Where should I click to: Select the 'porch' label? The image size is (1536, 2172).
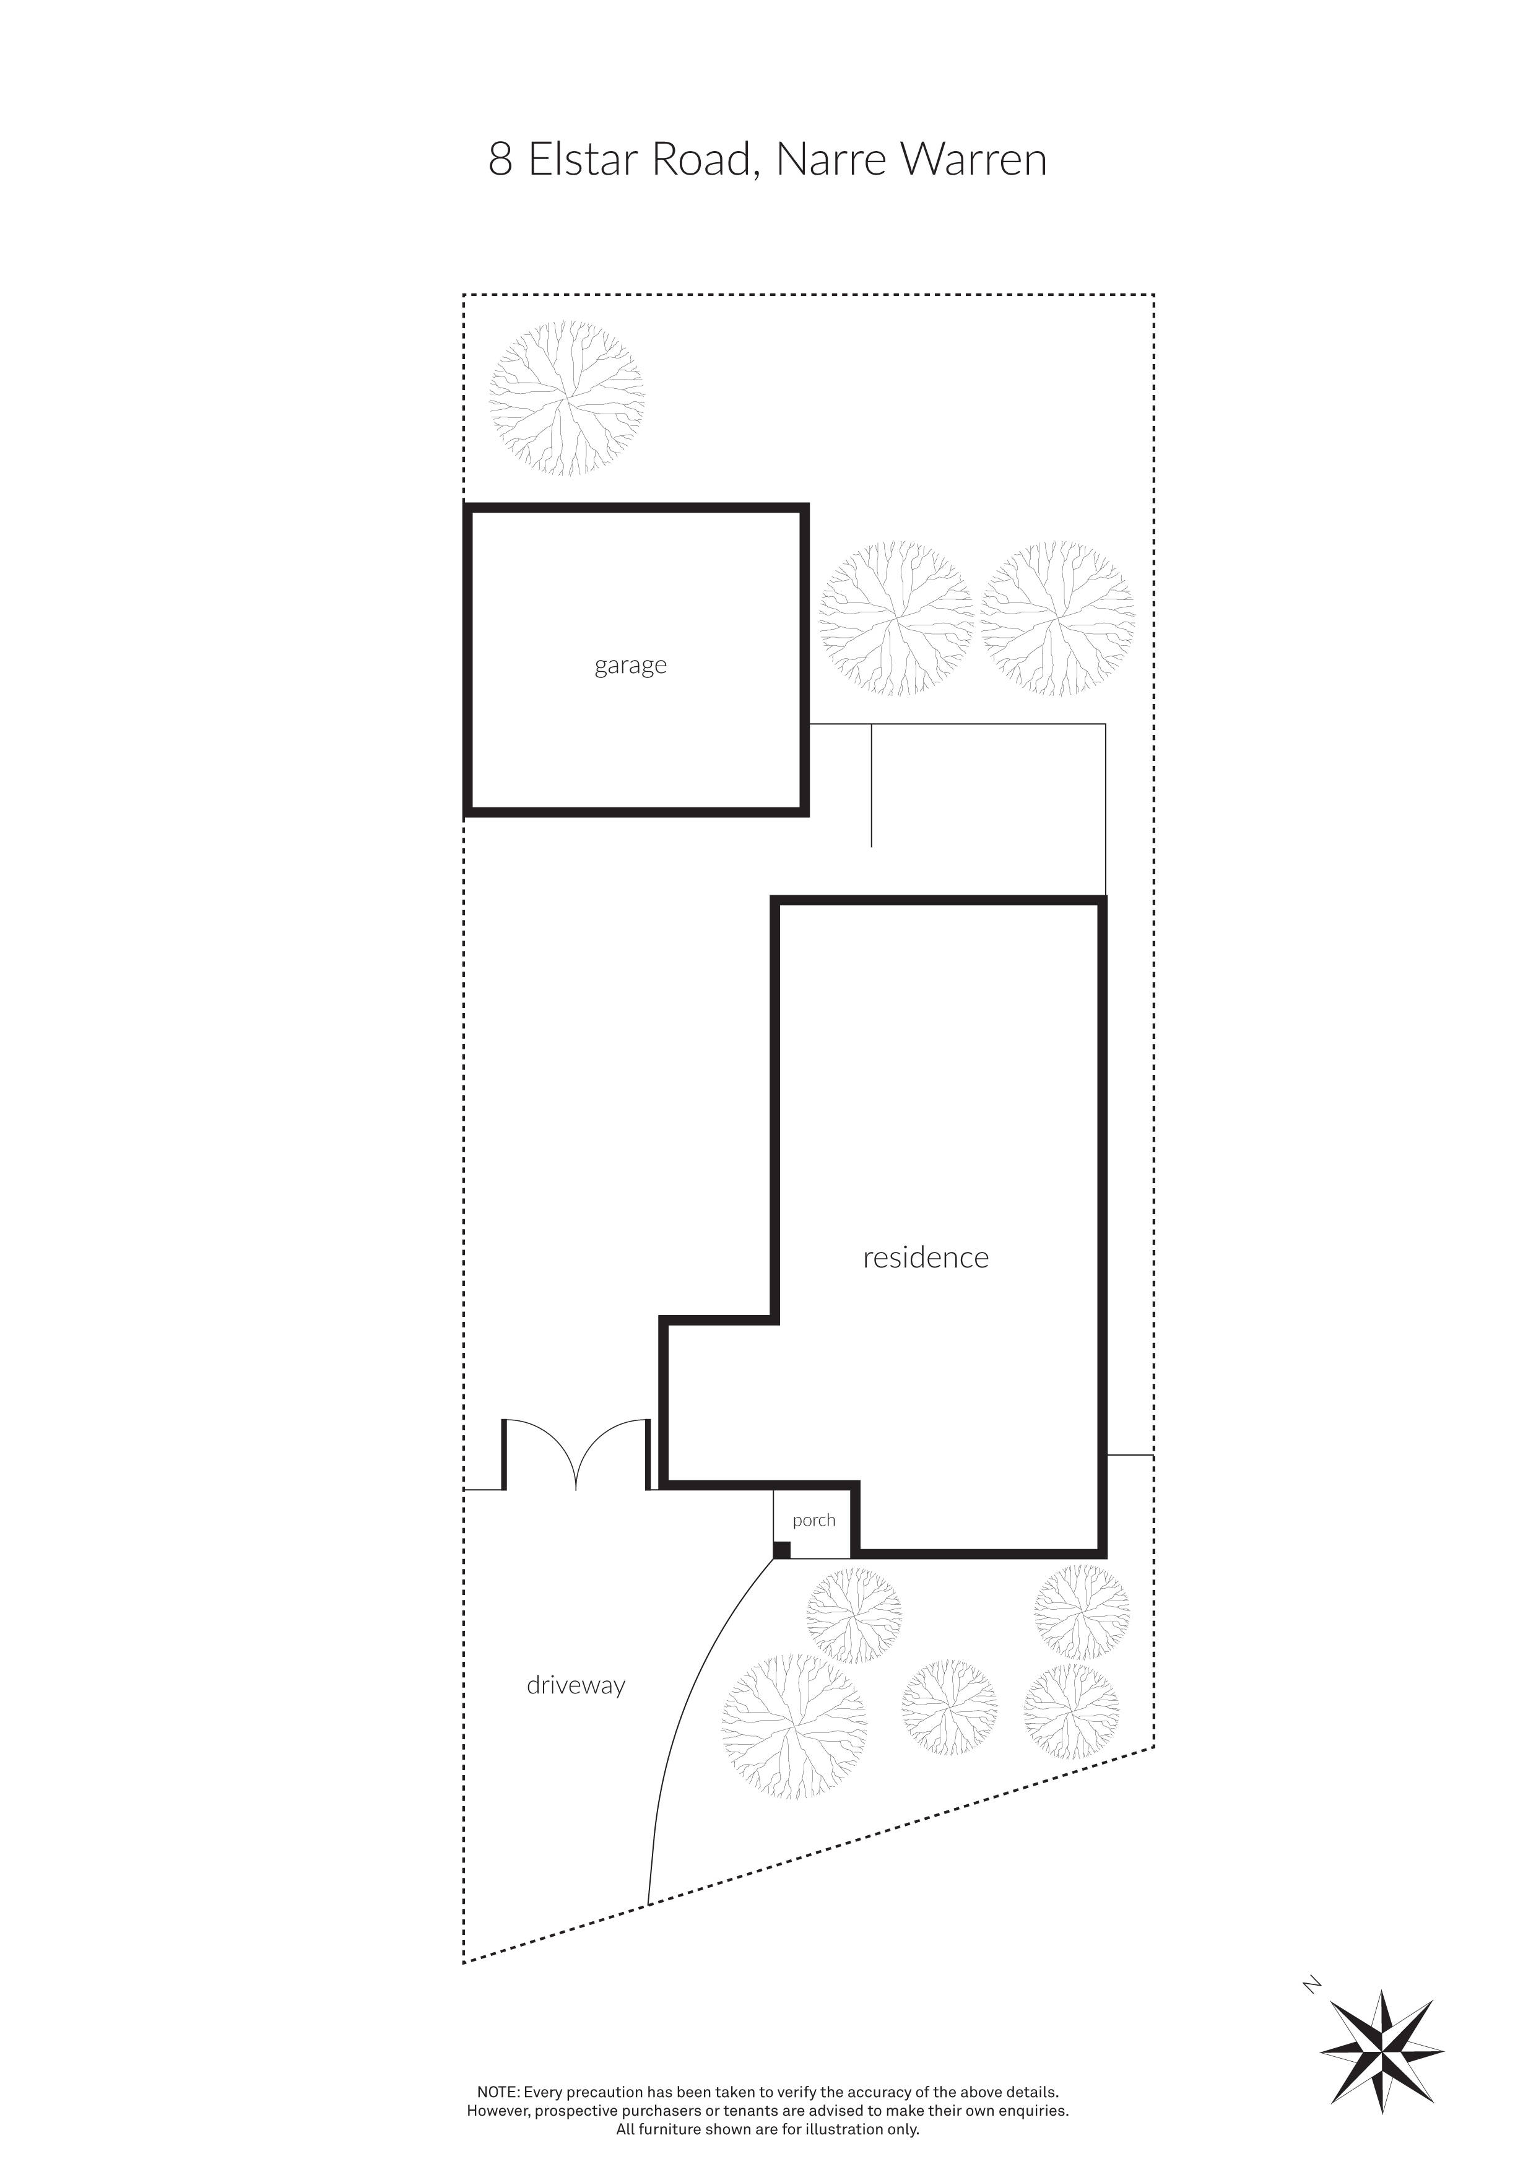814,1520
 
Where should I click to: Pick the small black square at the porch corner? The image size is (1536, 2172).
781,1550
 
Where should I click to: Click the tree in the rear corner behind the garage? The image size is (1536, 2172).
566,397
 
